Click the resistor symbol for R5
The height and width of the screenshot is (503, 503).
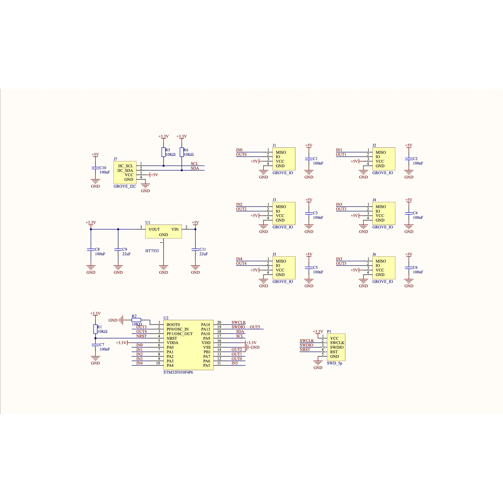point(164,152)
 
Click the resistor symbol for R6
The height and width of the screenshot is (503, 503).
point(182,152)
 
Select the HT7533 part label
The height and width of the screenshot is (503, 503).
point(152,251)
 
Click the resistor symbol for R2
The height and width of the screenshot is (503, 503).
point(136,320)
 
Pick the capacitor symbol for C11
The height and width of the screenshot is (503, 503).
point(195,249)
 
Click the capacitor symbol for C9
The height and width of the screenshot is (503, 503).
point(118,249)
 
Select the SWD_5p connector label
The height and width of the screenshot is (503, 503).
point(335,363)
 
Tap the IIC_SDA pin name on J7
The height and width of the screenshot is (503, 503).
point(125,171)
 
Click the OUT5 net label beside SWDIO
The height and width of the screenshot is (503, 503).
point(255,327)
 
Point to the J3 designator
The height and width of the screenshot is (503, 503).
point(274,200)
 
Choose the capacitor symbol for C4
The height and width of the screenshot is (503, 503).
point(409,213)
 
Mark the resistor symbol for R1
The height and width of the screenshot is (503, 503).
point(95,329)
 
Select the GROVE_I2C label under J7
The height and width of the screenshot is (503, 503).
point(125,186)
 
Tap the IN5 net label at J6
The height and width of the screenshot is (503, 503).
point(339,259)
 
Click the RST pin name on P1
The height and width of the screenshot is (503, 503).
point(334,352)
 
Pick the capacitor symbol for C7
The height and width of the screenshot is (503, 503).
point(95,345)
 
